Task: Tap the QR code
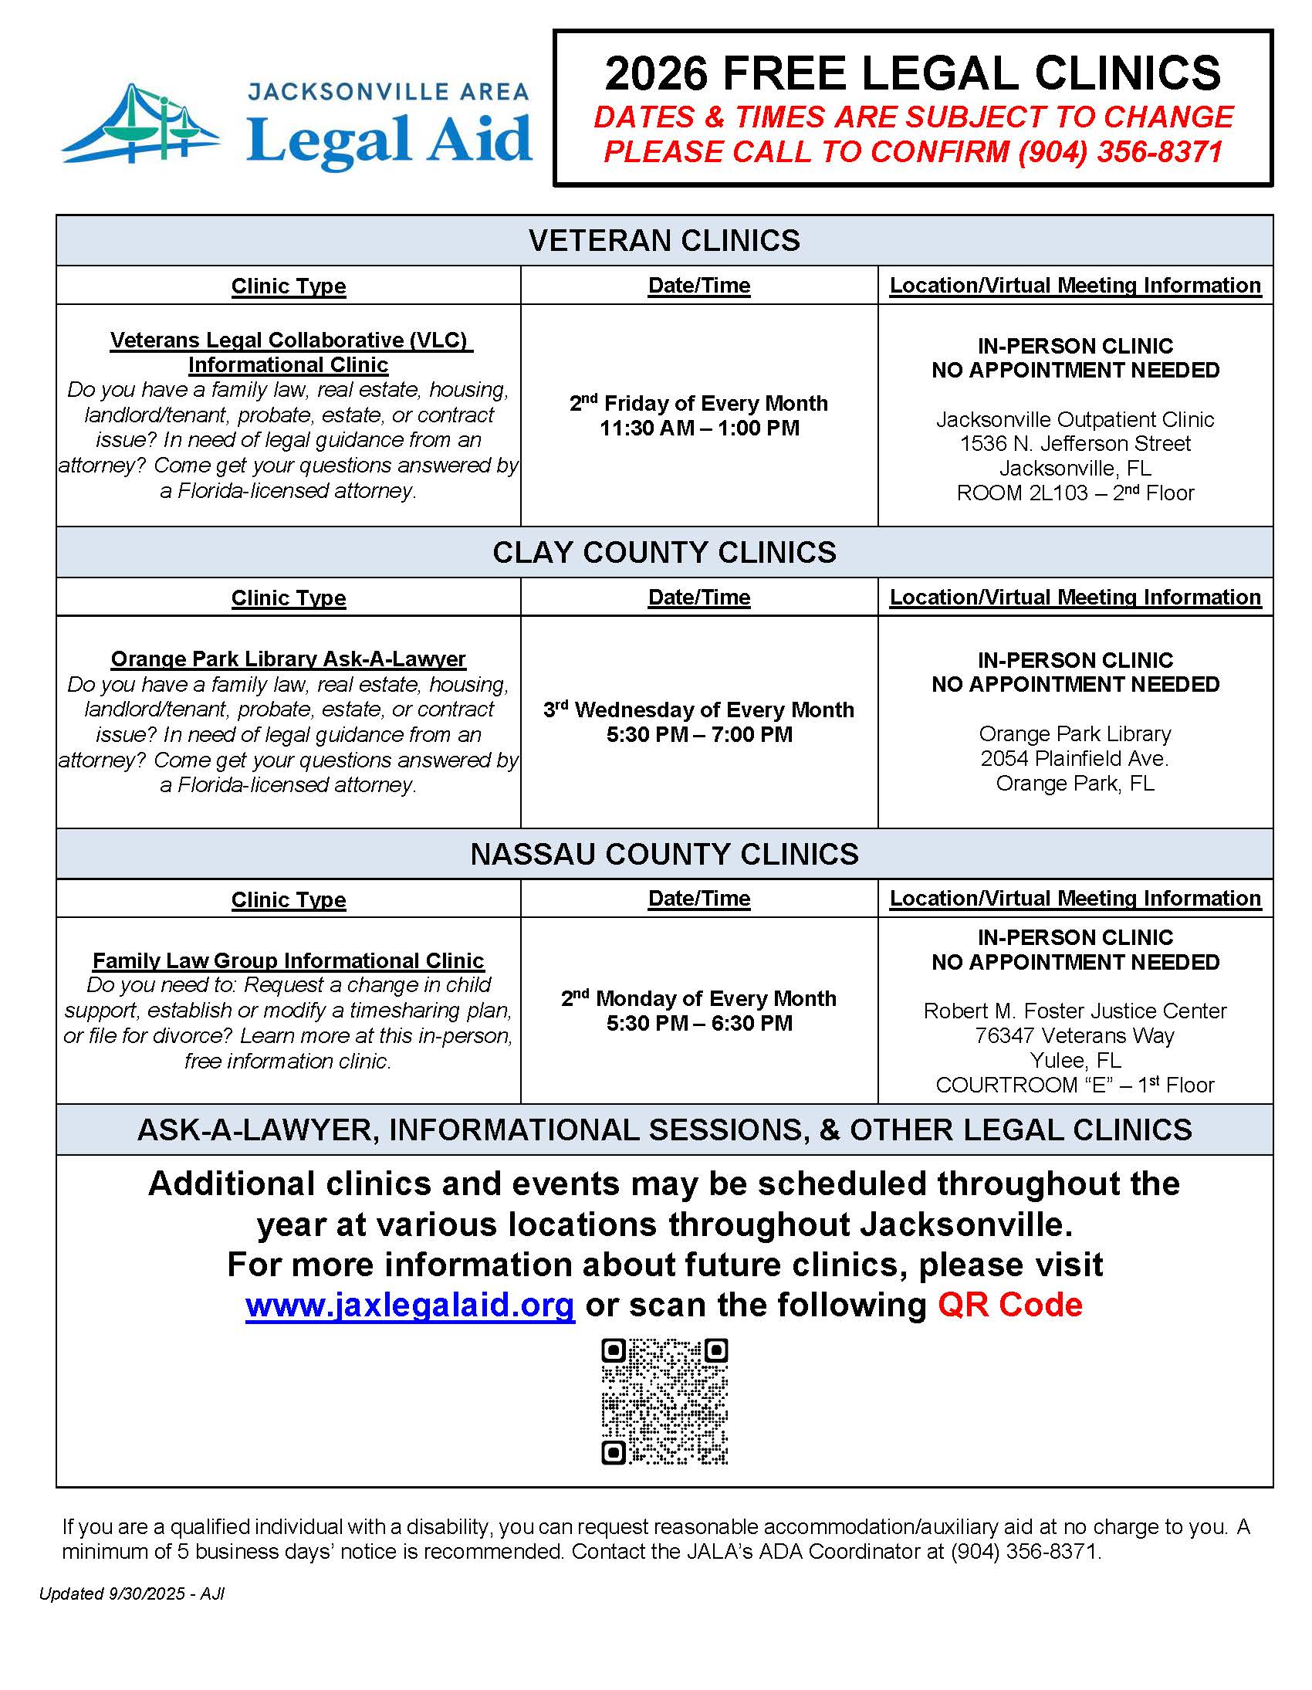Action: pyautogui.click(x=664, y=1401)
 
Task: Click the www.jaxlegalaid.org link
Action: pyautogui.click(x=410, y=1306)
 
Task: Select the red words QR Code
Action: pyautogui.click(x=1009, y=1306)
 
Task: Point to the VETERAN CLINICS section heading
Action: pyautogui.click(x=664, y=241)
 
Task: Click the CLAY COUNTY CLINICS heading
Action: pyautogui.click(x=664, y=553)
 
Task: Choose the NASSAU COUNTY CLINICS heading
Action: pyautogui.click(x=664, y=855)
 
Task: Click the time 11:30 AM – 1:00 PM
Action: pyautogui.click(x=699, y=428)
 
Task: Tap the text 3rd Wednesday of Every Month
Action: pyautogui.click(x=699, y=710)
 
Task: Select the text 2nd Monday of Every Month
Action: pyautogui.click(x=699, y=998)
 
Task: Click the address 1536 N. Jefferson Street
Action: pyautogui.click(x=1075, y=443)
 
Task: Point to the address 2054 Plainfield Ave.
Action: pyautogui.click(x=1075, y=758)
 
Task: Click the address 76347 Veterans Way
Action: pyautogui.click(x=1075, y=1035)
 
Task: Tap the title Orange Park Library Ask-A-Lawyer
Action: pyautogui.click(x=289, y=659)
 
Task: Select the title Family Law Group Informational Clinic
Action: pyautogui.click(x=289, y=960)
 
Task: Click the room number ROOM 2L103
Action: pyautogui.click(x=1022, y=493)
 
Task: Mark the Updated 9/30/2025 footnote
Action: pyautogui.click(x=132, y=1594)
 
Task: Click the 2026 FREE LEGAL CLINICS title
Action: pyautogui.click(x=913, y=73)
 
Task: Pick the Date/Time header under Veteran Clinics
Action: pyautogui.click(x=699, y=286)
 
